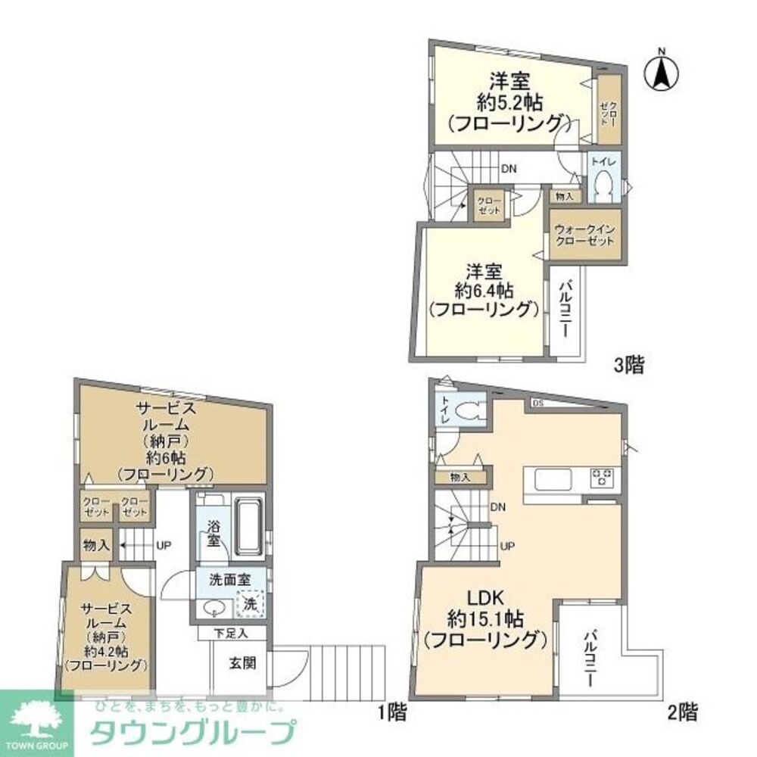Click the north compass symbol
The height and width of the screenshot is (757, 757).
point(662,72)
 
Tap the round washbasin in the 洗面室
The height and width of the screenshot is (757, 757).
point(213,606)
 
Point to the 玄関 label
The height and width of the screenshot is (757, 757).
point(243,663)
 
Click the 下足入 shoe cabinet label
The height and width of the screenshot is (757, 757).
point(229,633)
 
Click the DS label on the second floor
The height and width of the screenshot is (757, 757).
point(537,403)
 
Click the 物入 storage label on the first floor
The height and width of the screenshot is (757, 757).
point(97,544)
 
